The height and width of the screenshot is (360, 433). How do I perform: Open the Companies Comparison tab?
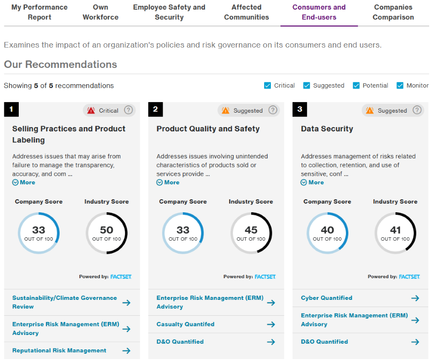[x=393, y=13]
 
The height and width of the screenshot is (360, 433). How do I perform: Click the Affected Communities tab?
[x=246, y=13]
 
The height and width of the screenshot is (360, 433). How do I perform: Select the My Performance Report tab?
[x=39, y=13]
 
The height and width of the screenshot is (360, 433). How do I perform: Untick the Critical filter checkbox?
[x=267, y=86]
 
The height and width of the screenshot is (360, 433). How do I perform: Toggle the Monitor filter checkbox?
[x=400, y=86]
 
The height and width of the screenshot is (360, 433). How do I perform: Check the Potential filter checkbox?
[x=356, y=86]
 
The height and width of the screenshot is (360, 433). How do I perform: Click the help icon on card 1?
[x=128, y=110]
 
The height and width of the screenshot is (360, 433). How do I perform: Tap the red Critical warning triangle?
[x=91, y=111]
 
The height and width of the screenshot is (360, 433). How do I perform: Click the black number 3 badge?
[x=300, y=109]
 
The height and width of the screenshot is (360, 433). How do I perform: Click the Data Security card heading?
[x=327, y=129]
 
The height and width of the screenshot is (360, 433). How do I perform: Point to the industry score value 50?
[x=106, y=231]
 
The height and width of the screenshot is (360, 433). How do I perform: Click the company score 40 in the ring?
[x=327, y=231]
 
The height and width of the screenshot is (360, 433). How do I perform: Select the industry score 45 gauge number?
[x=251, y=231]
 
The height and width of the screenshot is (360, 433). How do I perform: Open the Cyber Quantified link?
[x=327, y=298]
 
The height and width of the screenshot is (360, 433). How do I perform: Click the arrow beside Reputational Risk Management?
[x=126, y=350]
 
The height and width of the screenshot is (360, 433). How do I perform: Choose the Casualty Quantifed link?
[x=185, y=324]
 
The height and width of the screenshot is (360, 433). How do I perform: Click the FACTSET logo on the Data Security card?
[x=409, y=277]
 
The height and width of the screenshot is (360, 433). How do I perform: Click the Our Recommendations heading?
[x=61, y=64]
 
